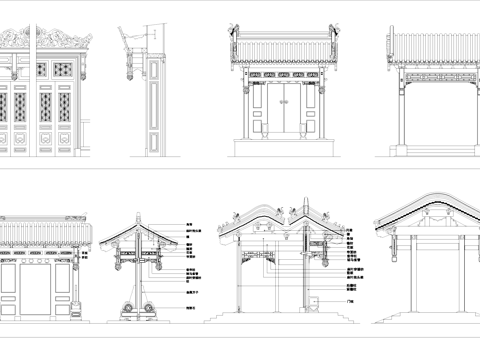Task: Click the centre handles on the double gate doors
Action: tap(281, 110)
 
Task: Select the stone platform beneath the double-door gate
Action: tap(281, 147)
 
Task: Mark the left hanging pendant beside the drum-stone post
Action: tap(117, 266)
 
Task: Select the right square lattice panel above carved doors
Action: tap(64, 70)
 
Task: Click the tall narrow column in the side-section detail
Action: tap(152, 105)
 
